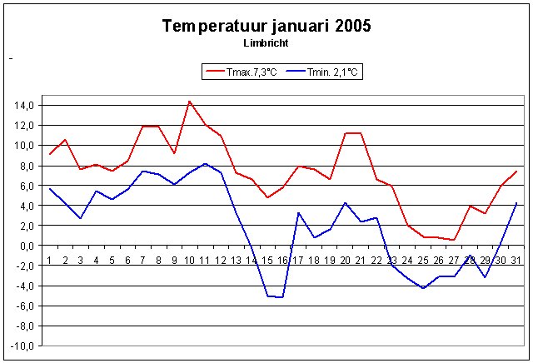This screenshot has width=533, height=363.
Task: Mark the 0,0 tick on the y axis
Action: tap(25, 246)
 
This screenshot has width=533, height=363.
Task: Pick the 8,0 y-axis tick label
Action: tap(25, 166)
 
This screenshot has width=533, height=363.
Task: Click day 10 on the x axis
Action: tap(190, 260)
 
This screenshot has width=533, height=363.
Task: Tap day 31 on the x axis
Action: tap(516, 260)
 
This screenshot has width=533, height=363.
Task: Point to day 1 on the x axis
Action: tap(50, 260)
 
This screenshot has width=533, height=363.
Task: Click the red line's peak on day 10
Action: tap(190, 102)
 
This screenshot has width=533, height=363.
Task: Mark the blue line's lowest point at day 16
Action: tap(283, 297)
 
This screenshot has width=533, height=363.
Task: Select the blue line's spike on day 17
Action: tap(299, 212)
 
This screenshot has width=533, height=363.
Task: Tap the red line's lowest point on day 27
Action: tap(455, 240)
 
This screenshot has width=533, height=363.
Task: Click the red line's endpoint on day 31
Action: tap(517, 172)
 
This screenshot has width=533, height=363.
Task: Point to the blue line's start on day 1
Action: tap(50, 188)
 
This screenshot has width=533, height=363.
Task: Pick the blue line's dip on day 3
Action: tap(81, 218)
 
